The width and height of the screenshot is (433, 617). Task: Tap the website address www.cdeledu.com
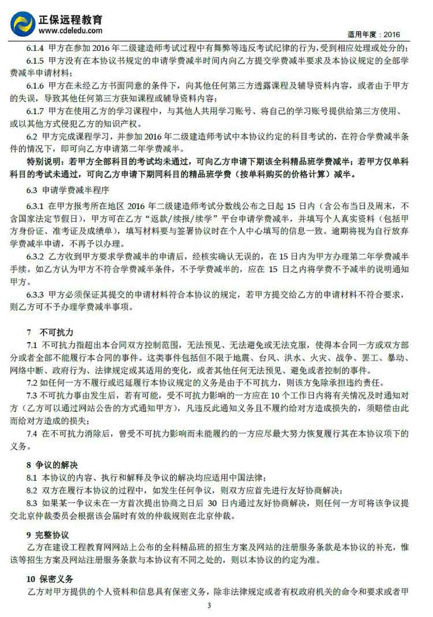point(70,31)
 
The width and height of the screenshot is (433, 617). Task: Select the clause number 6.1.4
point(35,47)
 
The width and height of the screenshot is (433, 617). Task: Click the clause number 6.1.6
point(35,85)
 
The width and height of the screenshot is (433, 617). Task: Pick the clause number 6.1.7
point(35,110)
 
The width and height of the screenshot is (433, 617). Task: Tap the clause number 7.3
point(32,395)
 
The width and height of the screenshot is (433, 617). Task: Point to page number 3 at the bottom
point(209,605)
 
